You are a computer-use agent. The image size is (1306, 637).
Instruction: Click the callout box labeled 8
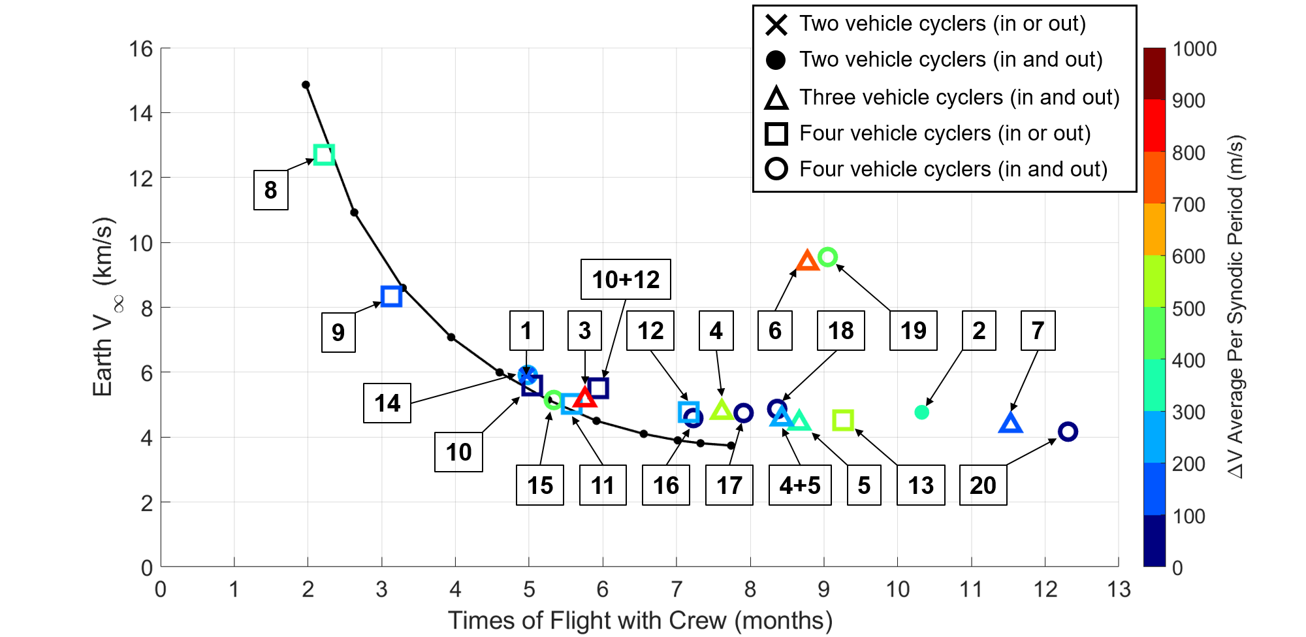click(270, 190)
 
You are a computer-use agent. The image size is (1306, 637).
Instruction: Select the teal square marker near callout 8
click(324, 155)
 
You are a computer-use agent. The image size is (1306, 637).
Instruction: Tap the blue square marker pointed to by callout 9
click(391, 296)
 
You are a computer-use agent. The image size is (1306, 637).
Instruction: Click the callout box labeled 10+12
click(626, 279)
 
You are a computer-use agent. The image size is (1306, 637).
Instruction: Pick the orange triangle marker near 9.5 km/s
click(808, 261)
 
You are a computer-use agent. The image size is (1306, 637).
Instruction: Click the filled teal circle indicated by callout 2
click(921, 412)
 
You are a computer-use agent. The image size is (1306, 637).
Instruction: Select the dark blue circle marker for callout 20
click(1068, 432)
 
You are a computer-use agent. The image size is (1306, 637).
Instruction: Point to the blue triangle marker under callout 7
click(1011, 424)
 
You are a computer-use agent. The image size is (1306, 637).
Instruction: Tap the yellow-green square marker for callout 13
click(843, 420)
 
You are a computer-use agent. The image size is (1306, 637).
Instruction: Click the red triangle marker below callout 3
click(585, 397)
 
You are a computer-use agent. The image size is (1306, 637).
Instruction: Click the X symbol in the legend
click(776, 24)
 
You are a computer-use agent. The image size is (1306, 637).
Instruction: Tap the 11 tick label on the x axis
click(971, 589)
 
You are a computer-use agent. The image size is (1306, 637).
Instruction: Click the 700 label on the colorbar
click(1188, 204)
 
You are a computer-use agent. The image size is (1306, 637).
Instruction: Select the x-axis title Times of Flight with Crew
click(640, 620)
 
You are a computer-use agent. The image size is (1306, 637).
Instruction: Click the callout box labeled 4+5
click(800, 485)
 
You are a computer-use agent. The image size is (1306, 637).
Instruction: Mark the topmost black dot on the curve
click(306, 85)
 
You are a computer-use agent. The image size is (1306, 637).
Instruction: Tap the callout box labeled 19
click(913, 331)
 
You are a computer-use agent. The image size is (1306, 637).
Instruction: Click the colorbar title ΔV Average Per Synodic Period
click(1235, 307)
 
